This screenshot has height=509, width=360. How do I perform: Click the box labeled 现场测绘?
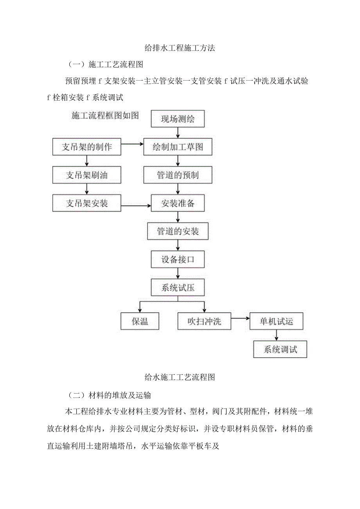point(178,120)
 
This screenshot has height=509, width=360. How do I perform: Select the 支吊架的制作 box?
point(87,147)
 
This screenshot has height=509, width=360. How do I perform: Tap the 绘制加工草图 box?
point(178,147)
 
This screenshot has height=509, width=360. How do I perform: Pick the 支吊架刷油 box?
point(87,175)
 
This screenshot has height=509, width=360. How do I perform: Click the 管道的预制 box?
point(178,175)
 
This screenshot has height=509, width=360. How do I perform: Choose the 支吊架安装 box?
point(87,203)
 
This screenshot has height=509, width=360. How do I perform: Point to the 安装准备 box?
point(178,203)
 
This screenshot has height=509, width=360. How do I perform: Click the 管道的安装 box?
point(178,232)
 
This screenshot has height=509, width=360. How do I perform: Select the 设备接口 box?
point(178,259)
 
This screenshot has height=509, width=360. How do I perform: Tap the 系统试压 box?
point(178,288)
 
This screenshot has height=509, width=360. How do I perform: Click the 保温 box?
point(140,322)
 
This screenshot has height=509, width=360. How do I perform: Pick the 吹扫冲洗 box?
point(204,322)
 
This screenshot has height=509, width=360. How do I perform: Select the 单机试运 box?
point(277,322)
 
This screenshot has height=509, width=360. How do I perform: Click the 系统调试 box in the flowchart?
point(280,349)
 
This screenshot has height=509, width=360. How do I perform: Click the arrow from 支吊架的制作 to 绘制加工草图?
point(133,144)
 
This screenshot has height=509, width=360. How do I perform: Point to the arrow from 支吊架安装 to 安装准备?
point(137,206)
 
